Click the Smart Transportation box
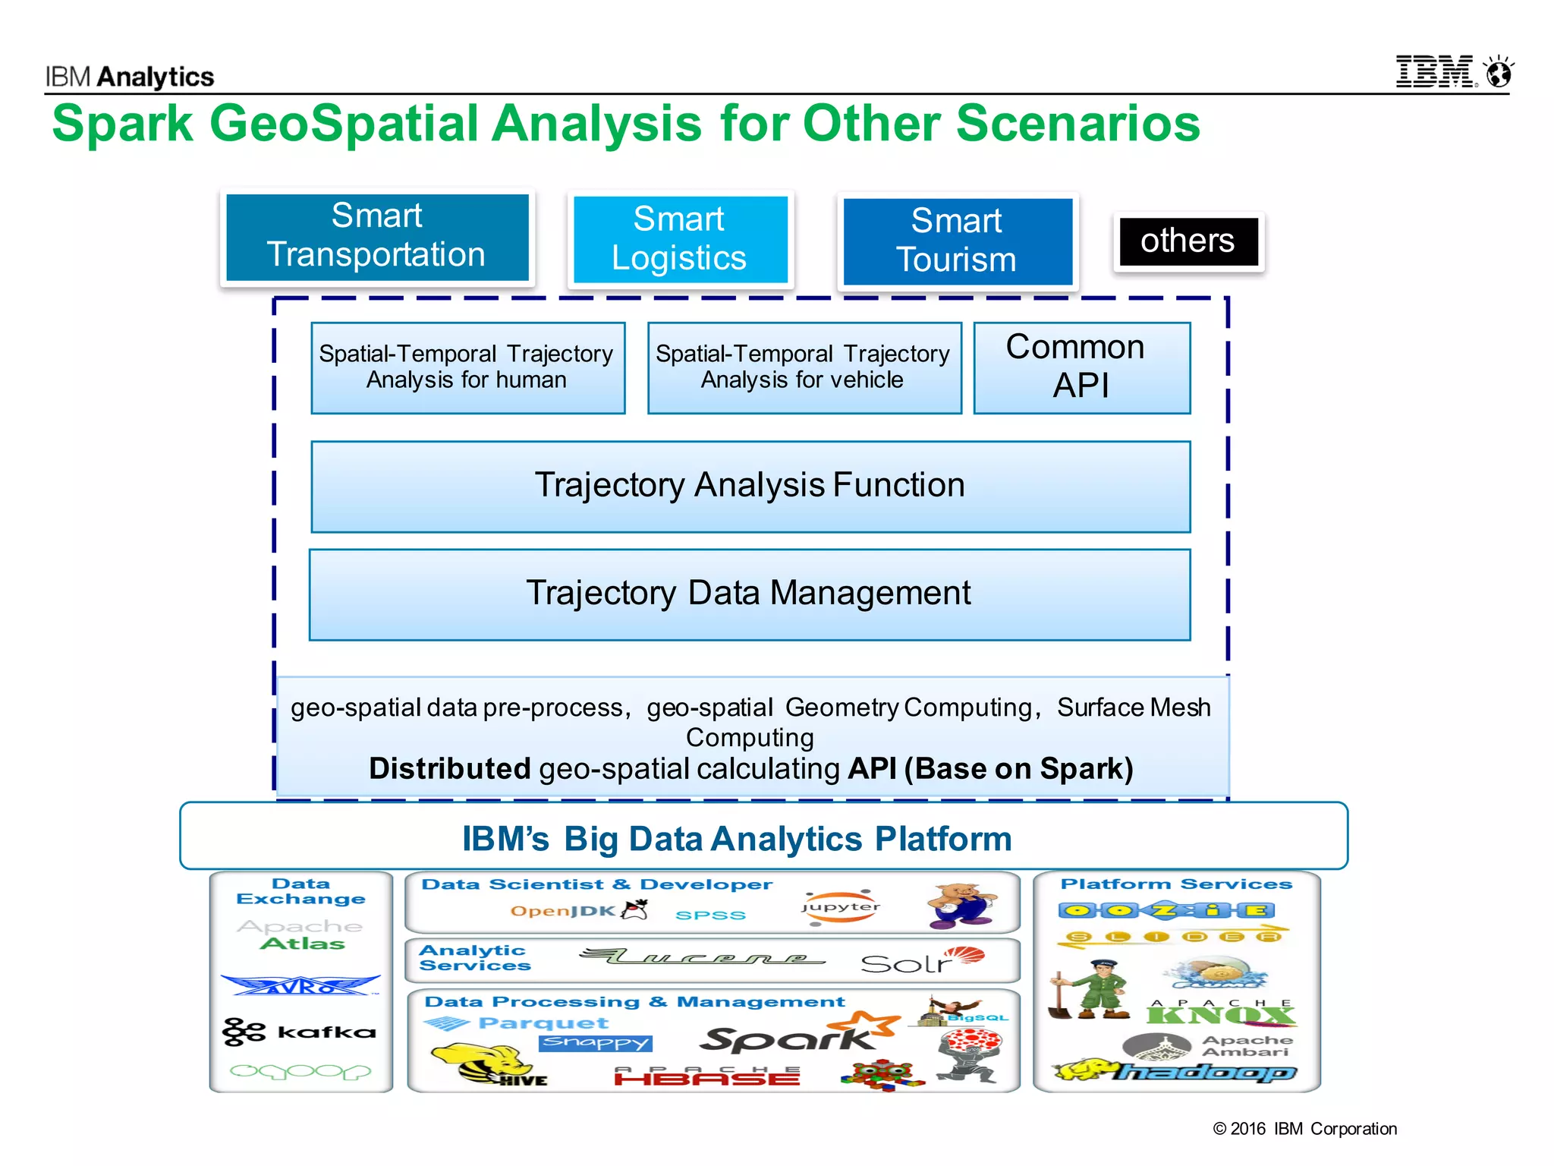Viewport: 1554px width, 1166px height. [377, 237]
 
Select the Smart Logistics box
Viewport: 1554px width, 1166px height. [680, 239]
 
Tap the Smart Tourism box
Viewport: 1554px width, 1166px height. [958, 241]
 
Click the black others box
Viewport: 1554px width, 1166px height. [1188, 241]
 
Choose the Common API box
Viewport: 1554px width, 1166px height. [1081, 367]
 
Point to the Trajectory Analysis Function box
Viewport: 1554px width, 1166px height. [750, 486]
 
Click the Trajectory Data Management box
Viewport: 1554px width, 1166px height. [749, 594]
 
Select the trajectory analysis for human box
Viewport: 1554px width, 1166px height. [467, 367]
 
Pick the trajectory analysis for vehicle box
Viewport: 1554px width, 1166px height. [804, 367]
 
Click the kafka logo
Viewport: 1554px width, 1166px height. [300, 1032]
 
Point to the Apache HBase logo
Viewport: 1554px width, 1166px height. [706, 1076]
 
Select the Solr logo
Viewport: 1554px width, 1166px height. [921, 961]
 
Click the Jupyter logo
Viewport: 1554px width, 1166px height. [841, 908]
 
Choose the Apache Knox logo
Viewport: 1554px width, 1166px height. [1220, 1013]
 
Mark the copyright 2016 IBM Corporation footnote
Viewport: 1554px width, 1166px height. [1304, 1129]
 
